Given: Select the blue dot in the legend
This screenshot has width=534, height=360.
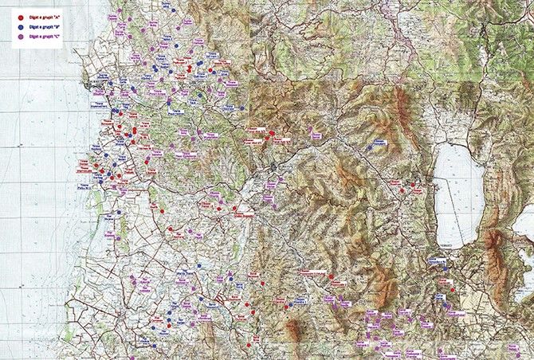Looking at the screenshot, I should click(x=20, y=26).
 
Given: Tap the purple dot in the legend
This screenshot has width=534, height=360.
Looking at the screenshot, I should click(x=20, y=37).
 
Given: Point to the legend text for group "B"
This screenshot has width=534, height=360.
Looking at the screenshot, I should click(x=45, y=26).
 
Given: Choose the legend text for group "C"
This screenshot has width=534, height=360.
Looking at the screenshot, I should click(x=45, y=37).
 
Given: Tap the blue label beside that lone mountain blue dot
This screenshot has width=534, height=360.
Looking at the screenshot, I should click(x=380, y=142).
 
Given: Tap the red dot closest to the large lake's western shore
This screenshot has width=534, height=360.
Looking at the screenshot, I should click(x=413, y=185).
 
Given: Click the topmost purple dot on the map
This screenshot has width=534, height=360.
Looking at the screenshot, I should click(x=119, y=11).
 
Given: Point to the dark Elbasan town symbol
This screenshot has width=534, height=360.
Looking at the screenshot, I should click(x=273, y=166).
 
